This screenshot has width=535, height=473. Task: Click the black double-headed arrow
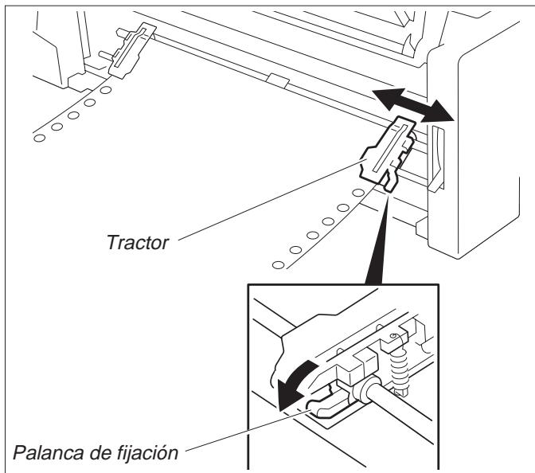point(414,106)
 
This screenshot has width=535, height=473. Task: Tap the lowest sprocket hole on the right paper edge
point(276,264)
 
